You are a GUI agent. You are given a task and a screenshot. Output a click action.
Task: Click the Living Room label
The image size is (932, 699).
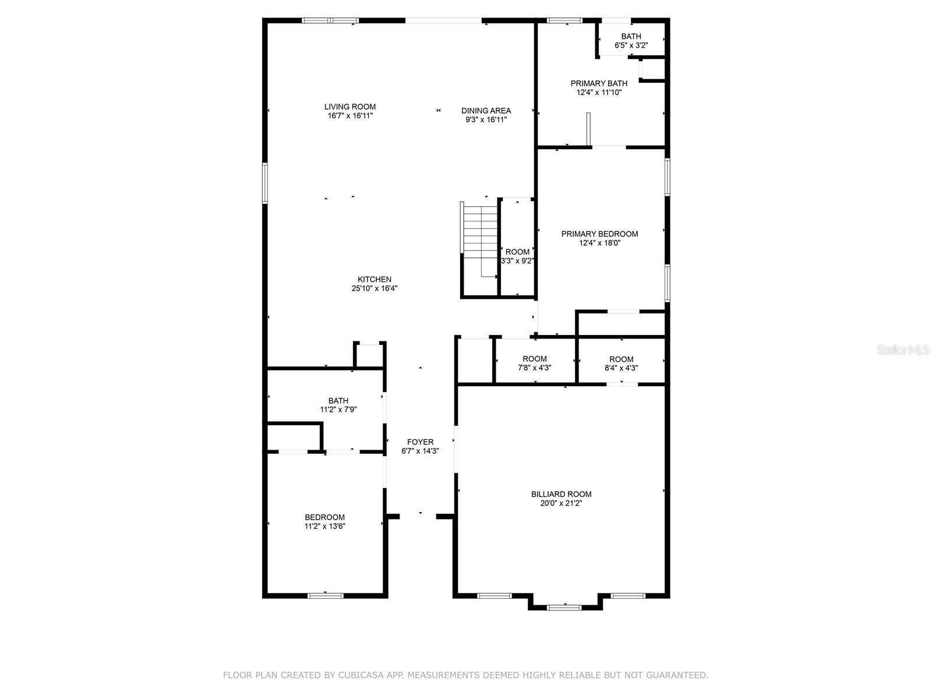(x=350, y=107)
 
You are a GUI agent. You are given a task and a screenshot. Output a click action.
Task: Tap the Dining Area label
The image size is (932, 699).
(x=486, y=111)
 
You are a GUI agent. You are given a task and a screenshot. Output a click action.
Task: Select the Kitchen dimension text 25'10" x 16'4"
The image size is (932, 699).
(x=375, y=288)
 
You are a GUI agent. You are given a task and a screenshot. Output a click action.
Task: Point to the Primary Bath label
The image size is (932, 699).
(x=599, y=84)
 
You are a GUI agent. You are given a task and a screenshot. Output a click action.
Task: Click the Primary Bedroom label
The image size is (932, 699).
(x=599, y=234)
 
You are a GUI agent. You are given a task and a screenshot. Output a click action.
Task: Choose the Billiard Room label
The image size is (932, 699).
(x=561, y=494)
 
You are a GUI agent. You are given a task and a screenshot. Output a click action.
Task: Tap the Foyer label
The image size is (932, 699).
(x=421, y=442)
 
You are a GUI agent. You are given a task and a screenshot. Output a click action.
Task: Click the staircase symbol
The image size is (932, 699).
(x=480, y=242)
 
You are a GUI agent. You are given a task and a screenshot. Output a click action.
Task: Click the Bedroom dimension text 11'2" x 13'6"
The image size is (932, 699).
(x=325, y=526)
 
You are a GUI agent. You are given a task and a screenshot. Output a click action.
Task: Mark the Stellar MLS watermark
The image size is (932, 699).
(x=903, y=350)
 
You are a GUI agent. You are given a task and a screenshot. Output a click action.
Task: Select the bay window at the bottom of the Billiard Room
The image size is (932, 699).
(x=564, y=608)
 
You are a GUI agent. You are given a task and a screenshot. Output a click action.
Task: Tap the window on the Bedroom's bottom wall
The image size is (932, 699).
(x=325, y=596)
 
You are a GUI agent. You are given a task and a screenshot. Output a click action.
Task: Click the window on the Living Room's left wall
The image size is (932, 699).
(x=265, y=183)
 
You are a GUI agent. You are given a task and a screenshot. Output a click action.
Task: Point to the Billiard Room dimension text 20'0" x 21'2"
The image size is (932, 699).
(x=561, y=503)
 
